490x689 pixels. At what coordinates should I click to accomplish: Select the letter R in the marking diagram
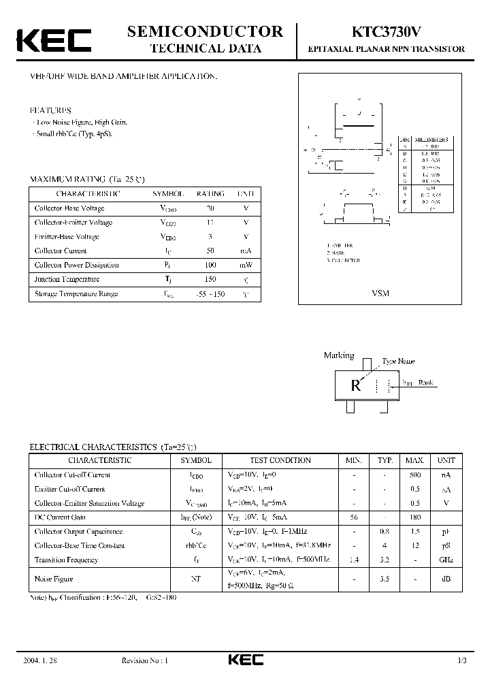tap(355, 385)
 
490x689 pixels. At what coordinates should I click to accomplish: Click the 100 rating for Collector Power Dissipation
tap(210, 265)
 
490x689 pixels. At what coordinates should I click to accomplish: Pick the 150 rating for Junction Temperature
tap(210, 279)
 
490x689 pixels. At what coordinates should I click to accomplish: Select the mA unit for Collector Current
tap(246, 251)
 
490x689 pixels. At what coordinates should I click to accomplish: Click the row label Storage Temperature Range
tap(76, 293)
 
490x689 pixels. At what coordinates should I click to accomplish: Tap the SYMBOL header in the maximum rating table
tap(167, 193)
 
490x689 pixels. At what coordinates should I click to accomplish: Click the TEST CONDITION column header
tap(280, 460)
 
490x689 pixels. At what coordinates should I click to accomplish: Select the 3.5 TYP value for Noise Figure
tap(385, 579)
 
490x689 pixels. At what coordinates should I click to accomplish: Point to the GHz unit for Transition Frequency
tap(446, 560)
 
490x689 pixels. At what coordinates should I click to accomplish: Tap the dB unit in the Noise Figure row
tap(446, 579)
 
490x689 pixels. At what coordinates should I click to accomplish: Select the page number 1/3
tap(462, 660)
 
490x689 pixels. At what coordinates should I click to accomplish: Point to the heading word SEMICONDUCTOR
tap(206, 31)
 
